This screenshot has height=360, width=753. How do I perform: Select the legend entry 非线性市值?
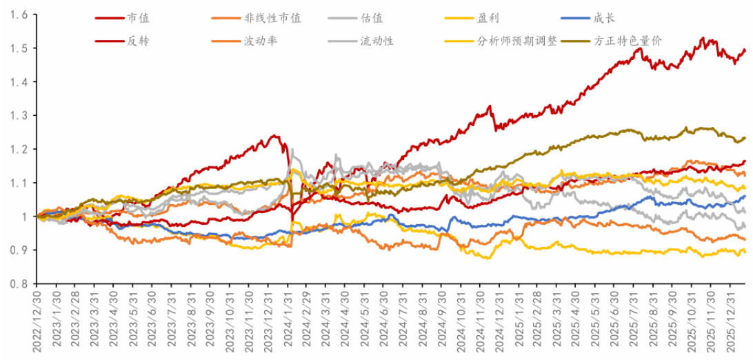272,18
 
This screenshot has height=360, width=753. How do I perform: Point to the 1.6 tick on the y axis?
19,15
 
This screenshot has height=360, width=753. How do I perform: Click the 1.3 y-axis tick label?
19,116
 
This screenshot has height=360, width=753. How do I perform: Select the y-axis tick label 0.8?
19,283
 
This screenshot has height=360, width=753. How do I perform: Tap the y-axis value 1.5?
19,49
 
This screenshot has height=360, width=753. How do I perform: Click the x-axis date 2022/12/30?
36,321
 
